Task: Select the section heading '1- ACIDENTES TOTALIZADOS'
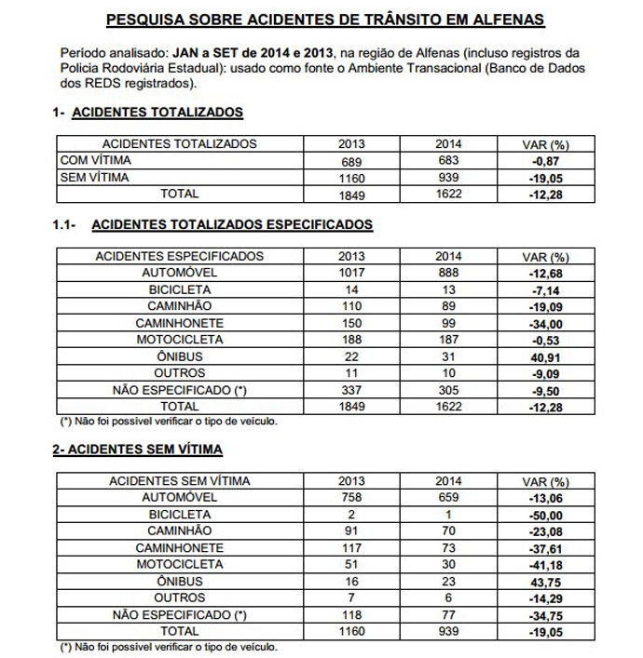[147, 113]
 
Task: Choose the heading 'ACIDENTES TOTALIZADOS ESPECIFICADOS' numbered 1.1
[233, 224]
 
